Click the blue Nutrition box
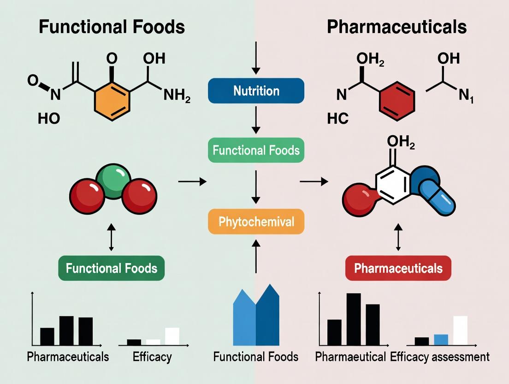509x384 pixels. click(256, 90)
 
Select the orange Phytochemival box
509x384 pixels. click(256, 222)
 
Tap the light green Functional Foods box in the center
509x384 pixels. click(256, 150)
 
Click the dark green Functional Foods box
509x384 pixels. click(111, 268)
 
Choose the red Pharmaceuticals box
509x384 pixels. click(398, 268)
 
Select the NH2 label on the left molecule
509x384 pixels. click(177, 96)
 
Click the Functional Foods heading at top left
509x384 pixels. click(112, 27)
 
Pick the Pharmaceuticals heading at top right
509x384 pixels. click(397, 27)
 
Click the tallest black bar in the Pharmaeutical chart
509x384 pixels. click(354, 319)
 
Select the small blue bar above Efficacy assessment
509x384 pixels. click(441, 340)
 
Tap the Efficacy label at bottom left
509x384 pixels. click(152, 357)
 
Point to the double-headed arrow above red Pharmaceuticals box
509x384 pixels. click(399, 239)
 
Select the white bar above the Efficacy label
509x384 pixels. click(172, 336)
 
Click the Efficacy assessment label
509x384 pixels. click(439, 357)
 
